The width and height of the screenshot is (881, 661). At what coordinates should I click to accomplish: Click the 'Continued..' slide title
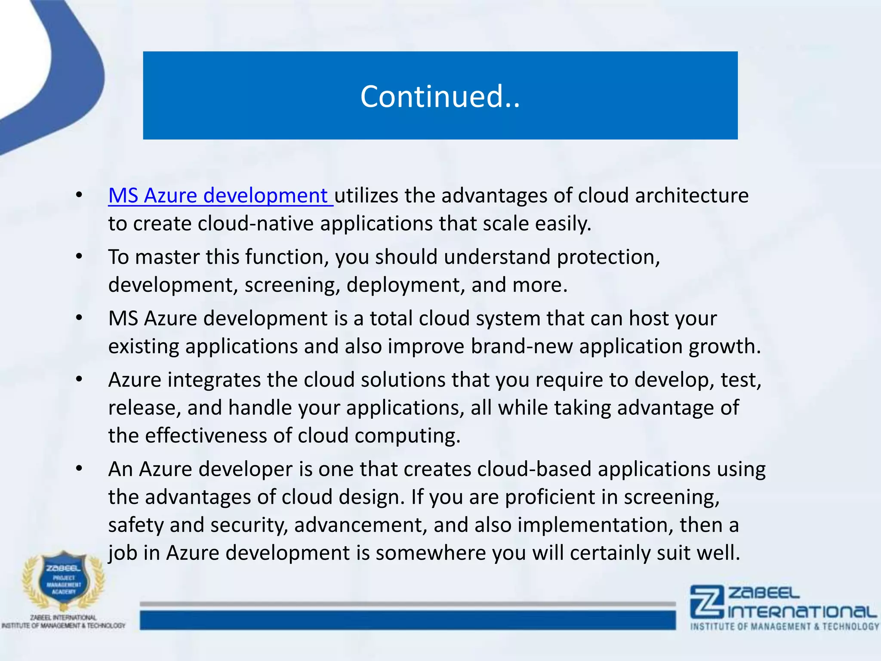tap(440, 96)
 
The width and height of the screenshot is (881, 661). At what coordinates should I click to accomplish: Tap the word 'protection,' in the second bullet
tap(608, 257)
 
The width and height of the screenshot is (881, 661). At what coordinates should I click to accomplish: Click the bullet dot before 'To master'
tap(79, 257)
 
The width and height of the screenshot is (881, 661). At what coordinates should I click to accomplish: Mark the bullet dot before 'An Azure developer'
tap(79, 469)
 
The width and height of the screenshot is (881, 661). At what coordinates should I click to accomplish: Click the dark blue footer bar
tap(407, 620)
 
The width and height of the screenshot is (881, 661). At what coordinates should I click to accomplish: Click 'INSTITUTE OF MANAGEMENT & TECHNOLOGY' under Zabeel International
tap(785, 627)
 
